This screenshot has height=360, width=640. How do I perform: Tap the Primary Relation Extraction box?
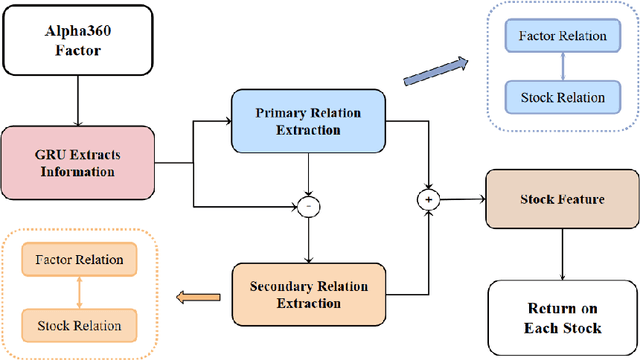pos(309,120)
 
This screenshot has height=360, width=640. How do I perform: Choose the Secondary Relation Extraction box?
pos(309,294)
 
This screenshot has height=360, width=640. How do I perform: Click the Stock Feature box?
pos(562,200)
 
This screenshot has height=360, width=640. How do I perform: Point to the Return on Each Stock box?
pos(562,316)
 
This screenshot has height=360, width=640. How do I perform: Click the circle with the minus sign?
pos(309,207)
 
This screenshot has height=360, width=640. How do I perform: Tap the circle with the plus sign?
pos(432,200)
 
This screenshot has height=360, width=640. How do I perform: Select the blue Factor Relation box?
pos(563,36)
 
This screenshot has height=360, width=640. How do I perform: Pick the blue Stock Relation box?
pos(563,97)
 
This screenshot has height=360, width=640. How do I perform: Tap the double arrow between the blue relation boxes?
pos(563,67)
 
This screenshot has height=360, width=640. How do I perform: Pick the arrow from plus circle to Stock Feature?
pos(463,200)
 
